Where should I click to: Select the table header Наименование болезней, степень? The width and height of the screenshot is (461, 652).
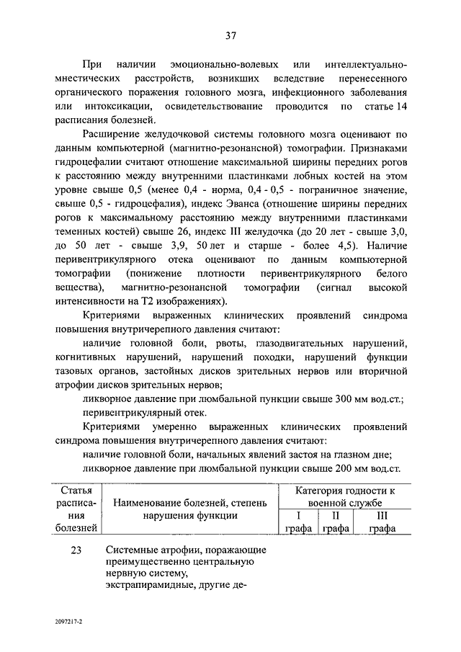point(190,502)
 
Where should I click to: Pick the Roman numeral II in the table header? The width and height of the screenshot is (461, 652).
point(335,516)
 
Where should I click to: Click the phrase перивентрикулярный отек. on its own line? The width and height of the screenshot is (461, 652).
point(143,413)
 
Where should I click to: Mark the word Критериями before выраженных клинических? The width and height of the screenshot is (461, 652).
point(108,316)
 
